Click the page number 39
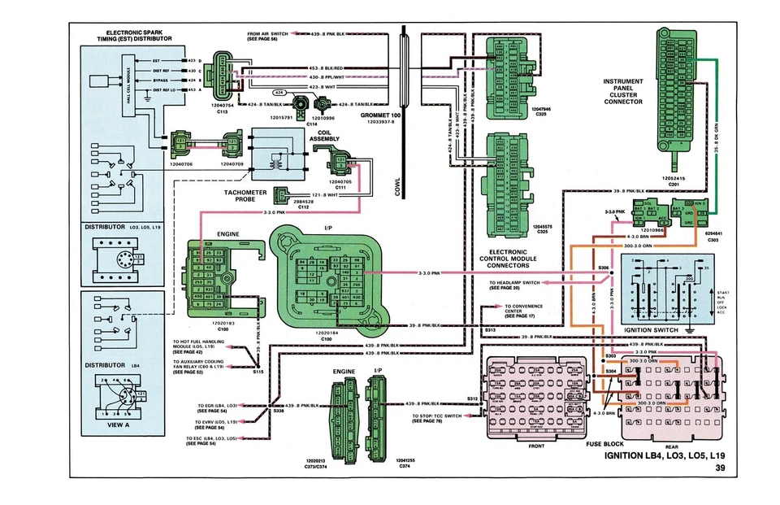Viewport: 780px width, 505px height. (x=721, y=468)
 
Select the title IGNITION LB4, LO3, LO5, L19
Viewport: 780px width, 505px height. (x=665, y=456)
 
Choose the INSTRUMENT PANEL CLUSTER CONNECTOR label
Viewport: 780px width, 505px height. (x=623, y=92)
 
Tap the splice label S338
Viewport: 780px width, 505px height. (x=279, y=412)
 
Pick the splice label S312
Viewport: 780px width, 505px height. (x=473, y=398)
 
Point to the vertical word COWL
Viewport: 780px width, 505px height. (x=398, y=187)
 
